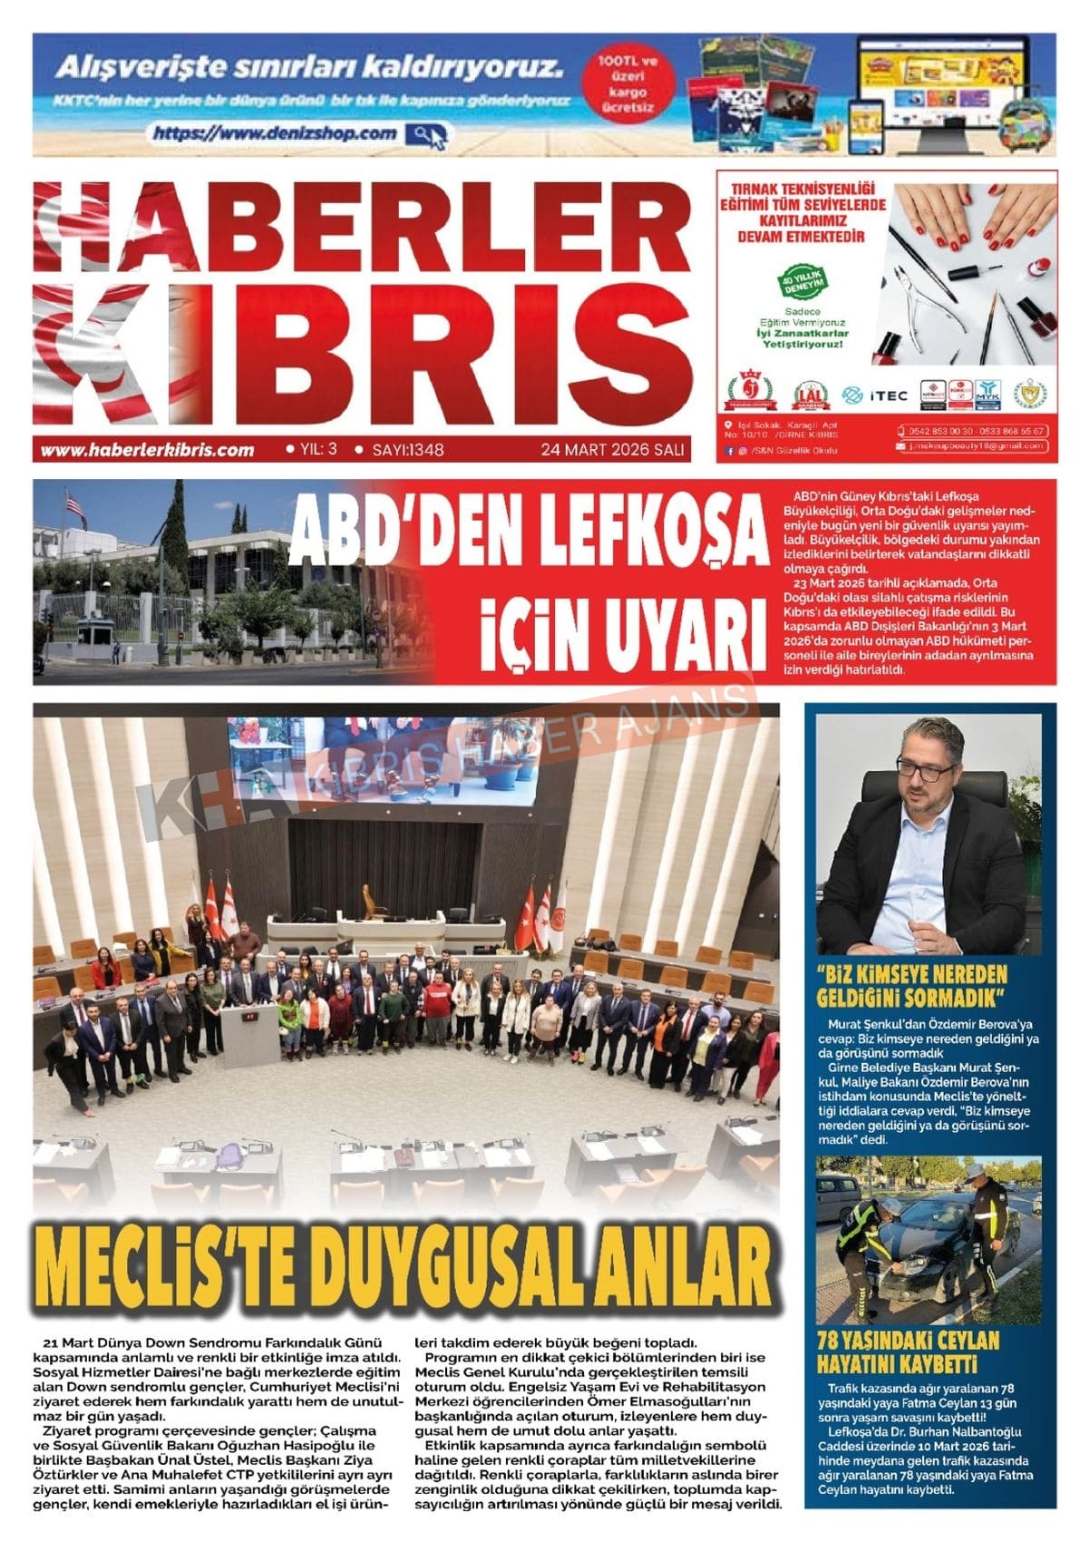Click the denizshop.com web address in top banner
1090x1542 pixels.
click(x=276, y=133)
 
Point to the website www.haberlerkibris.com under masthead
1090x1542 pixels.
click(x=148, y=450)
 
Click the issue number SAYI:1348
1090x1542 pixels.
click(x=408, y=449)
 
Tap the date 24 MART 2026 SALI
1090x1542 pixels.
click(x=612, y=449)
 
